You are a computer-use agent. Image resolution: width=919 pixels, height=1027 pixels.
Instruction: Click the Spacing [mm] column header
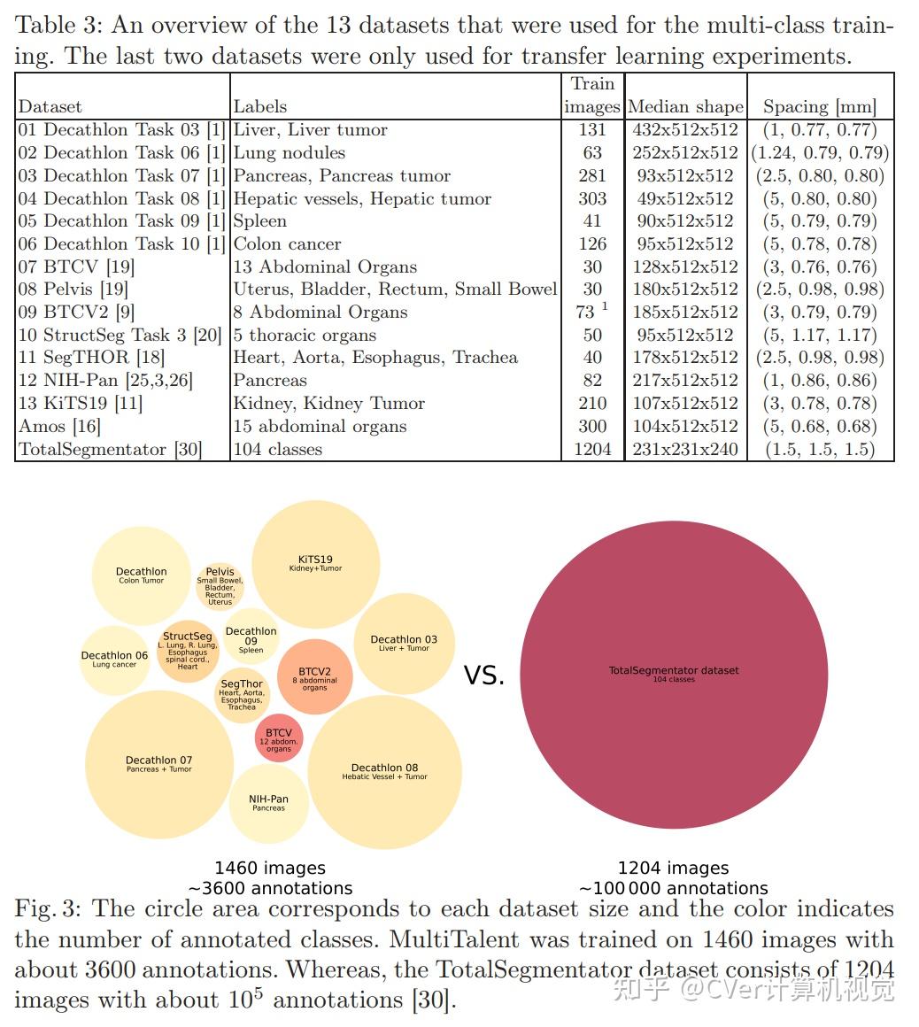tap(820, 107)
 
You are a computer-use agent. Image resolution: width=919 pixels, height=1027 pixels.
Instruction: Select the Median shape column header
tap(685, 107)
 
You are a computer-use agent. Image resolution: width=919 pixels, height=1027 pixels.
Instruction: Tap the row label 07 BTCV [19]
tap(76, 266)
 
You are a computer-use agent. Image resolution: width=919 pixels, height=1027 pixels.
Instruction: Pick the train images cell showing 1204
tap(592, 449)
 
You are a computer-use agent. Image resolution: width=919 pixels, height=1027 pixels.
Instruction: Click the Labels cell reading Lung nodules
tap(290, 152)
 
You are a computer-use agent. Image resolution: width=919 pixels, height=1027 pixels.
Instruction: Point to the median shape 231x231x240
tap(685, 449)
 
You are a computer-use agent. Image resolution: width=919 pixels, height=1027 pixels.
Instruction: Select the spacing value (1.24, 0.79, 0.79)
tap(820, 152)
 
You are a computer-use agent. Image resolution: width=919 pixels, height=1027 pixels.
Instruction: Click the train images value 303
tap(592, 198)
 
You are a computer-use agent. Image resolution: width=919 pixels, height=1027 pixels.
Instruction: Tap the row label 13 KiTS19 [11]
tap(81, 403)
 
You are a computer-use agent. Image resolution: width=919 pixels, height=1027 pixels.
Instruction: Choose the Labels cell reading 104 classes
tap(278, 449)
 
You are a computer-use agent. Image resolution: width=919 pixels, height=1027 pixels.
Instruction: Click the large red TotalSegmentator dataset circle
tap(674, 675)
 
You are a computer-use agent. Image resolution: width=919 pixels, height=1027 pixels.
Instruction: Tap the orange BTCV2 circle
tap(315, 677)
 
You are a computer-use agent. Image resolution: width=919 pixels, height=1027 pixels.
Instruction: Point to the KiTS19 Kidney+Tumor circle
tap(315, 564)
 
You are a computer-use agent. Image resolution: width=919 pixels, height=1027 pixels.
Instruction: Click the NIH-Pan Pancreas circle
tap(269, 803)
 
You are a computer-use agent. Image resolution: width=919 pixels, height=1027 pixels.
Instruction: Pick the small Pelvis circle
tap(220, 585)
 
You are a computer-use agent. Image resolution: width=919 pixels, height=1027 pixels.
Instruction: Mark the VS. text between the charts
tap(484, 676)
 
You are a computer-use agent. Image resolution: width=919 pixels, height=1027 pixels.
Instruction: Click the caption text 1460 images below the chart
tap(270, 869)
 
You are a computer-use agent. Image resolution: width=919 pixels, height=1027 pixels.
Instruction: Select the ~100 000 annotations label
tap(674, 888)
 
